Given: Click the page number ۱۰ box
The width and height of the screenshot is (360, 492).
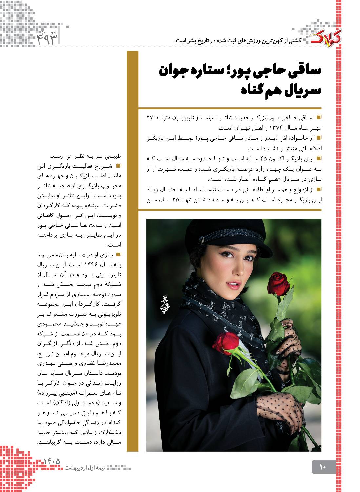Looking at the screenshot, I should tap(323, 467).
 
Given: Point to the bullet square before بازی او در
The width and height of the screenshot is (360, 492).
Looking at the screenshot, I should tap(118, 254).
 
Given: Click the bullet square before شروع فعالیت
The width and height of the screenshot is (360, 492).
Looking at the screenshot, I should tap(118, 165).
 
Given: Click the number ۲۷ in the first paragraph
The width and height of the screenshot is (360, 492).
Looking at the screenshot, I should tap(150, 117).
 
